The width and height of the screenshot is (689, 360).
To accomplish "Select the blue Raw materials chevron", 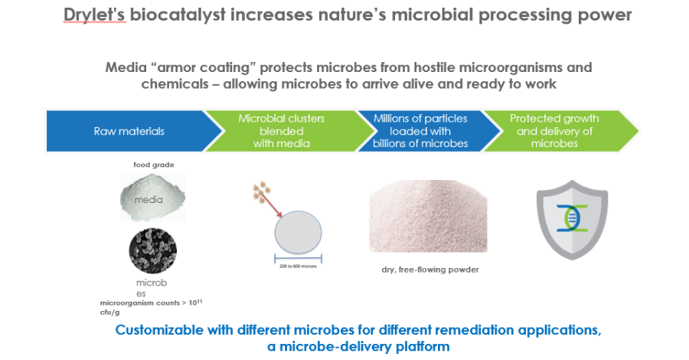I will (126, 131).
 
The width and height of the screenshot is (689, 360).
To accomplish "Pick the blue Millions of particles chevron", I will (422, 131).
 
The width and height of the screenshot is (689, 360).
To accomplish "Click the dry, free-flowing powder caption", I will (426, 270).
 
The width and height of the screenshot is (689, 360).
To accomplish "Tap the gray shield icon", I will (573, 218).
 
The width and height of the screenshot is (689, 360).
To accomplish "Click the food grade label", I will (149, 163).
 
